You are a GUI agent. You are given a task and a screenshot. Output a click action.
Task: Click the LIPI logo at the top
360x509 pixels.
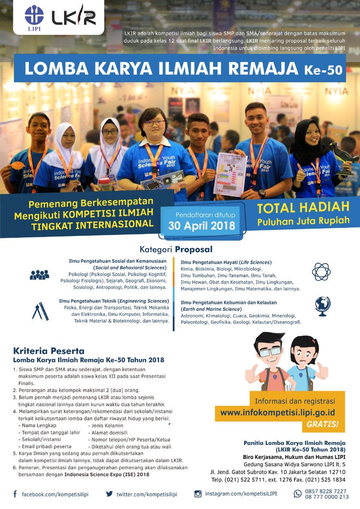[34, 17]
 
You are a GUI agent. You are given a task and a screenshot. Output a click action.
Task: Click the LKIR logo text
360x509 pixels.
[73, 17]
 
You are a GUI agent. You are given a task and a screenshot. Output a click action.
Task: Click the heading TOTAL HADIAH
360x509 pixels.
[303, 207]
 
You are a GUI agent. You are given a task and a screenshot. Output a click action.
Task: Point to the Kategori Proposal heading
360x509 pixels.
[176, 249]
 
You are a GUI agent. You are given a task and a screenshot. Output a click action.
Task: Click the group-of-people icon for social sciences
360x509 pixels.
[39, 275]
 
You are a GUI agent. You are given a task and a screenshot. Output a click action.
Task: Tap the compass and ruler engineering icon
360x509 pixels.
[40, 311]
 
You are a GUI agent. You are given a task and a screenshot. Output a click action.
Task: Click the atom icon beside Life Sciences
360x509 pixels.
[321, 271]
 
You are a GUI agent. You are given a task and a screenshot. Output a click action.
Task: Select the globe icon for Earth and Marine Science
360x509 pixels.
[323, 306]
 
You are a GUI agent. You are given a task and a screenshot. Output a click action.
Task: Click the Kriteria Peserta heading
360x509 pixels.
[48, 351]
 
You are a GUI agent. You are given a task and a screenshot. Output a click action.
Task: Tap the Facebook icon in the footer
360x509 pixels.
[15, 494]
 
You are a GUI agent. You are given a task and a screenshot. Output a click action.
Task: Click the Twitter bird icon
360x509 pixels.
[110, 494]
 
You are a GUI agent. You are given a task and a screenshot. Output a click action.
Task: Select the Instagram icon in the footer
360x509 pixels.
[198, 494]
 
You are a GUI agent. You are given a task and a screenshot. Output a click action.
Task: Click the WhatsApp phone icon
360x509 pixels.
[298, 494]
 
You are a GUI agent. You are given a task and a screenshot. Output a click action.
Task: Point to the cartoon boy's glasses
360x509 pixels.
[270, 352]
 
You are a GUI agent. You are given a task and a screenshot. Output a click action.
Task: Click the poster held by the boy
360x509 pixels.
[230, 174]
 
